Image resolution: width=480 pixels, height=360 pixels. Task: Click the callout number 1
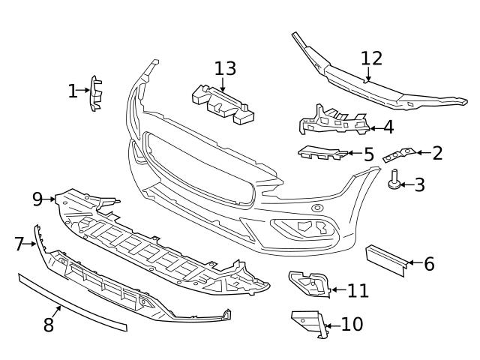click(72, 91)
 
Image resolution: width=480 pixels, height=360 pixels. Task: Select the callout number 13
click(225, 69)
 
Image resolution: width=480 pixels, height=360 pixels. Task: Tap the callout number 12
click(371, 58)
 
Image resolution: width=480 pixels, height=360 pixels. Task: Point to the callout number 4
click(388, 127)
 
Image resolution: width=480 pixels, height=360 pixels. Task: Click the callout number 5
click(368, 154)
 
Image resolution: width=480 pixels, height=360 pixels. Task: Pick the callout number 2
click(437, 154)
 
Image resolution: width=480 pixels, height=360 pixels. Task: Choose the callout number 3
click(419, 184)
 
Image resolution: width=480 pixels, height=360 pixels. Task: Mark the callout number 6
click(429, 264)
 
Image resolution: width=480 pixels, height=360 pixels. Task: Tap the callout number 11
click(358, 290)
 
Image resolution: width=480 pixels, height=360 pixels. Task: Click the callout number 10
click(351, 324)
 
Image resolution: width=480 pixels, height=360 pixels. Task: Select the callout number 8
click(48, 325)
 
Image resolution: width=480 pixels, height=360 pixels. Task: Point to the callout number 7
click(19, 244)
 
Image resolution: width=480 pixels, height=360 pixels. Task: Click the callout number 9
click(37, 199)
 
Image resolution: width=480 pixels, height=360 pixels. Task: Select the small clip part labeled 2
click(398, 155)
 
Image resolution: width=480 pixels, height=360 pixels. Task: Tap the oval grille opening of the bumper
click(199, 169)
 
